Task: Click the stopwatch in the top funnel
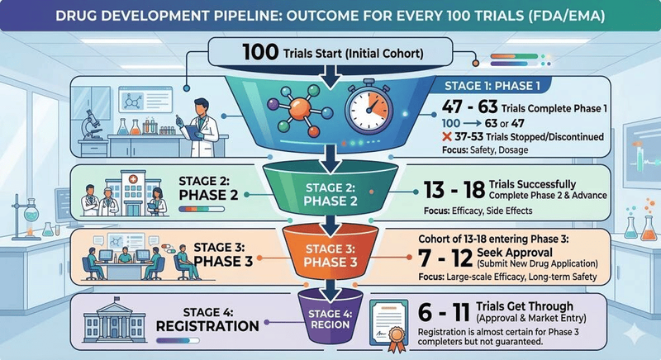point(369,107)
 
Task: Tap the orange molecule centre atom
point(300,109)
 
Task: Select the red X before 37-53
point(447,137)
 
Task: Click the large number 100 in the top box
point(260,52)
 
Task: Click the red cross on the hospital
point(133,179)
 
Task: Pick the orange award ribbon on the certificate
point(397,339)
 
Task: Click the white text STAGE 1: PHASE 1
point(492,87)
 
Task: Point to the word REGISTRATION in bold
point(207,326)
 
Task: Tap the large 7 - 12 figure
point(445,258)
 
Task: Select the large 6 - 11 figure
point(444,312)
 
